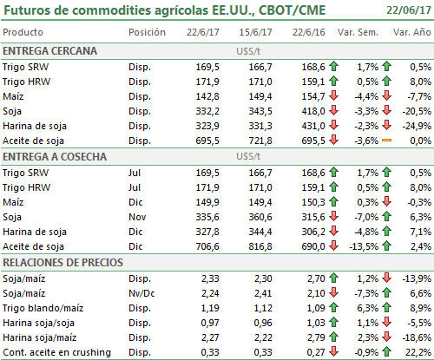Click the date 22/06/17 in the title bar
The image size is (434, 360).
(x=409, y=10)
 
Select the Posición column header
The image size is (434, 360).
(x=147, y=32)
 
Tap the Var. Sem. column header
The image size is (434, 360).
(x=358, y=32)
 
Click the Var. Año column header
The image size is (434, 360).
(x=412, y=32)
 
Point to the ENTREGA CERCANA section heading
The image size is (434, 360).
(x=49, y=51)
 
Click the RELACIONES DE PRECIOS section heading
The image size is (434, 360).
(x=62, y=263)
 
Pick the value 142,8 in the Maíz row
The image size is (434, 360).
(x=207, y=96)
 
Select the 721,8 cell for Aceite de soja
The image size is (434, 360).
(x=260, y=141)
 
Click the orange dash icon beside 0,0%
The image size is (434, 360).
(x=386, y=141)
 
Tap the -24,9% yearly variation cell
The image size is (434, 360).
(x=417, y=126)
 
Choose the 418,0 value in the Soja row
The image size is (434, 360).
(x=313, y=111)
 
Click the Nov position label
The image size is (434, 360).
(x=137, y=217)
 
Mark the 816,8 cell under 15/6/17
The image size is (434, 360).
(x=260, y=246)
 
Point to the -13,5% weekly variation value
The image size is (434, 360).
(x=364, y=246)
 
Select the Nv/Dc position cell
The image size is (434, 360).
(x=141, y=293)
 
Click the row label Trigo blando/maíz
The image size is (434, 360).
(x=43, y=308)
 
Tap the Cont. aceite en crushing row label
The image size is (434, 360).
(x=56, y=352)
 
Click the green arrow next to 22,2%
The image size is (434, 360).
(x=386, y=351)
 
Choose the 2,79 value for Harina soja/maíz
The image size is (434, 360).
(x=316, y=337)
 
